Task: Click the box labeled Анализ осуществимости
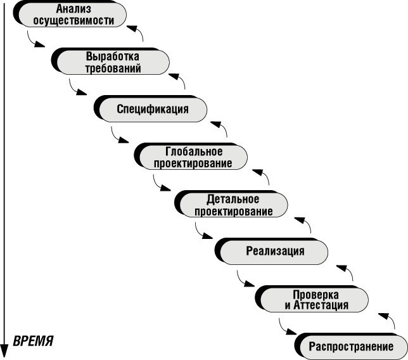point(72,15)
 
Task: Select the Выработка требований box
point(113,62)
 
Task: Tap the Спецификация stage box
point(153,109)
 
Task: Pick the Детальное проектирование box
point(232,204)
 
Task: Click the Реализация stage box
point(275,251)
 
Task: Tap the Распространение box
point(350,346)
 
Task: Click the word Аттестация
point(321,305)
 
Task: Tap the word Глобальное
point(193,151)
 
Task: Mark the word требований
point(113,68)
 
